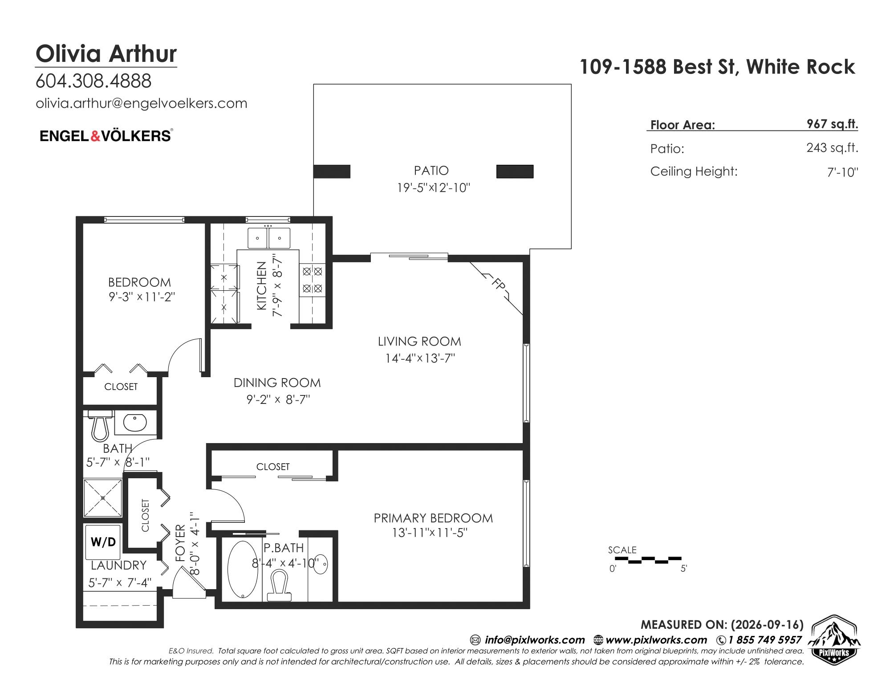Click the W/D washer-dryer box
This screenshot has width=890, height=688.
tap(103, 542)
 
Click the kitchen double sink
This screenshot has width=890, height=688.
tap(268, 238)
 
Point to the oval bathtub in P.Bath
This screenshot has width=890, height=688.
tap(243, 569)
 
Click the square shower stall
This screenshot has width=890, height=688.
tap(103, 498)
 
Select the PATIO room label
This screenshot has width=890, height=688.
tap(431, 171)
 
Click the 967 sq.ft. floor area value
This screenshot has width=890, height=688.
tap(832, 124)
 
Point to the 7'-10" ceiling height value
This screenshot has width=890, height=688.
tap(842, 172)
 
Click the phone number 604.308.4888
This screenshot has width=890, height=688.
tap(93, 81)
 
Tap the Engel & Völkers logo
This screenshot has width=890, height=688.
tap(106, 135)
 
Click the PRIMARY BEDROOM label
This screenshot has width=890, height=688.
tap(433, 518)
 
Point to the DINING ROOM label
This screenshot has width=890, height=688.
tap(277, 383)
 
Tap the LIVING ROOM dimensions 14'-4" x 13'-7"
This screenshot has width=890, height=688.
tap(420, 358)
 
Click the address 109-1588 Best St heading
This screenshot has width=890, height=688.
tap(717, 67)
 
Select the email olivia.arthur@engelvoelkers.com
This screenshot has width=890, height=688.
tap(141, 103)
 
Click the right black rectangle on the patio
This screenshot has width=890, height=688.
tap(515, 171)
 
